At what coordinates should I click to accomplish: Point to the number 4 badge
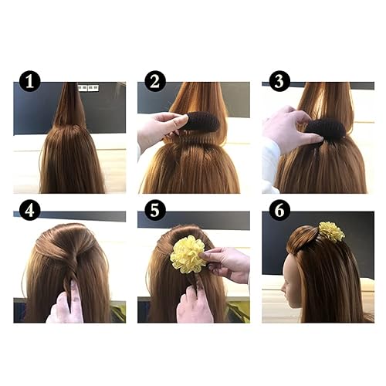click(x=30, y=209)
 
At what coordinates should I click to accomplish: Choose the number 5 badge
click(x=154, y=209)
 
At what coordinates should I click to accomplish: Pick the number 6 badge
click(x=279, y=209)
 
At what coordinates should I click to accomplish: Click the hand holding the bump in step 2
click(x=160, y=130)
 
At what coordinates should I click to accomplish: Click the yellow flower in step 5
click(x=188, y=255)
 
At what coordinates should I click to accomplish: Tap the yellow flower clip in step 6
click(x=332, y=231)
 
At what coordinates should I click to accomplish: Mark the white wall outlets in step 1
click(x=87, y=88)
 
